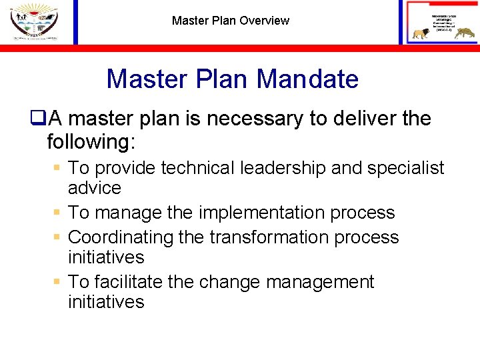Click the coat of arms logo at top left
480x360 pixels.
(x=33, y=21)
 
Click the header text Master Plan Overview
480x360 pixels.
(x=231, y=21)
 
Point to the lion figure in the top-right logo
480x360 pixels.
(x=421, y=33)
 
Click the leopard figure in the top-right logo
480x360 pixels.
(x=463, y=33)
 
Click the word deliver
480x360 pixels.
(x=364, y=119)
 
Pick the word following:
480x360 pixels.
(x=89, y=141)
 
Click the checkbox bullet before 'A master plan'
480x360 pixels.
(x=37, y=119)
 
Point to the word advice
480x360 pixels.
(x=95, y=188)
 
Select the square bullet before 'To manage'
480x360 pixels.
(x=58, y=213)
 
